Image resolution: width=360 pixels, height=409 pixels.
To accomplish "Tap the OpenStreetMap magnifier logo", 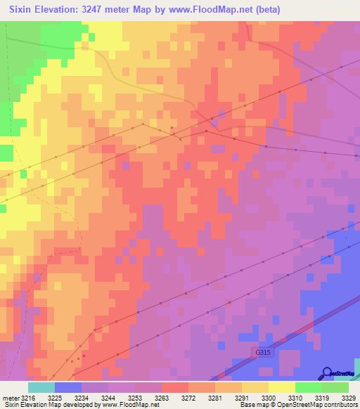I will (328, 372).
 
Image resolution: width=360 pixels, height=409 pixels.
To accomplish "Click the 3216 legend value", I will (28, 397).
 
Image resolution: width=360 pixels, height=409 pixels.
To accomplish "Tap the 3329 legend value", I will (347, 397).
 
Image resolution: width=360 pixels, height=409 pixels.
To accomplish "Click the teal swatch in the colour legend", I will (41, 387).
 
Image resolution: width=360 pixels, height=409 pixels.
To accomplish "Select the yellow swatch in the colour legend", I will (282, 387).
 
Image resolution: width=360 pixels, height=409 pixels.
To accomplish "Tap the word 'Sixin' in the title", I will (26, 8).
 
